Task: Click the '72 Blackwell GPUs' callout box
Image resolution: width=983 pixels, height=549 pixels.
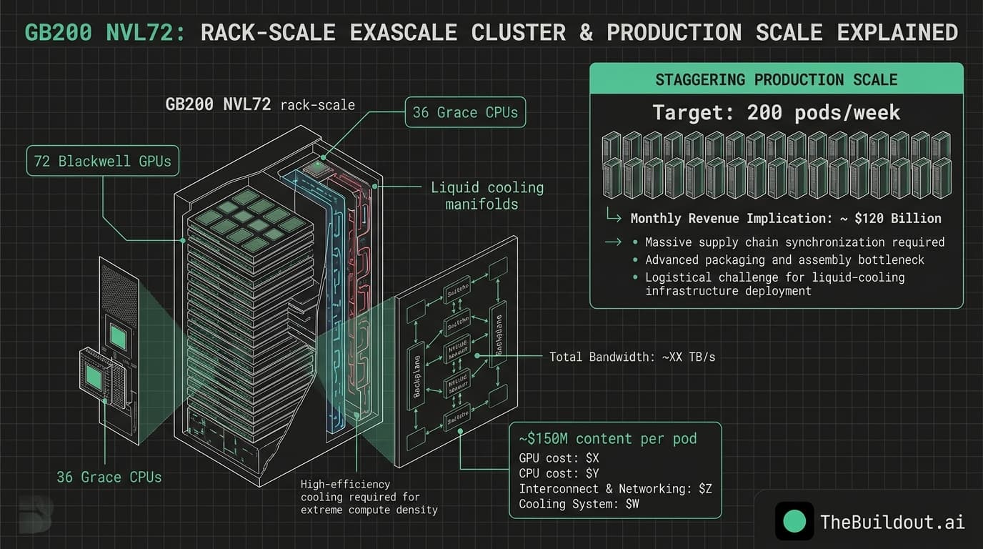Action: point(103,161)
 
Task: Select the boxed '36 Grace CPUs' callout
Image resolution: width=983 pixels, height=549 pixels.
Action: point(465,112)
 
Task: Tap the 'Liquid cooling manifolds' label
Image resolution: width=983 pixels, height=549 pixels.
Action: point(486,196)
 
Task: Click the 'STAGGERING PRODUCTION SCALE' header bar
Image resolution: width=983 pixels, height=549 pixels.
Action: point(776,79)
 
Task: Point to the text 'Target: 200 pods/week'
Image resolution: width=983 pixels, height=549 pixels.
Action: point(776,112)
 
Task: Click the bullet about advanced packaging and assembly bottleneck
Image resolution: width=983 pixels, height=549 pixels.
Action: point(784,259)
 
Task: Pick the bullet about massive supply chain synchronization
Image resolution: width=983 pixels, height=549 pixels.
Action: point(794,242)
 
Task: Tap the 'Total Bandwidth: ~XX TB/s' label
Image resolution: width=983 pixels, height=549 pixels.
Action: point(632,356)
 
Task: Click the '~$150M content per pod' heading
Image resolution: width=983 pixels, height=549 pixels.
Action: point(608,438)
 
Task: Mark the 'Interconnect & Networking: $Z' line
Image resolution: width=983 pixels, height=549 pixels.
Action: point(615,489)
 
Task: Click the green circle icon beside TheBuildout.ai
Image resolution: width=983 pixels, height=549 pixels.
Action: point(794,521)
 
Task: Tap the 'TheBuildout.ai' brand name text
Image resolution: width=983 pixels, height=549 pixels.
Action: point(892,522)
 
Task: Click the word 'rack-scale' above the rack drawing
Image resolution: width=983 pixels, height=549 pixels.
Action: point(317,104)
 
